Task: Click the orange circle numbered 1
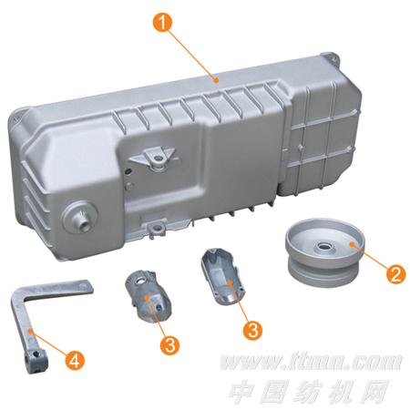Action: click(163, 22)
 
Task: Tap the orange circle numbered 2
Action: click(395, 273)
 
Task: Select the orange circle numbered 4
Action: click(74, 360)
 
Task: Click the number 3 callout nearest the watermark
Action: click(252, 330)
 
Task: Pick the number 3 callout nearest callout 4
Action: click(169, 344)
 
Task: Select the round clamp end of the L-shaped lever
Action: click(36, 361)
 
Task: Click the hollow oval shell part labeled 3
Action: click(222, 276)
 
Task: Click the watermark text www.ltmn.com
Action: click(311, 362)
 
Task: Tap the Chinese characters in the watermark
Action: click(309, 391)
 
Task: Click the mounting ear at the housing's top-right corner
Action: click(331, 58)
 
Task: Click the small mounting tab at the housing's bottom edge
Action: click(156, 229)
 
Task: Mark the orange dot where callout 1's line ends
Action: click(216, 80)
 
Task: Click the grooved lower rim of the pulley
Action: click(323, 273)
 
